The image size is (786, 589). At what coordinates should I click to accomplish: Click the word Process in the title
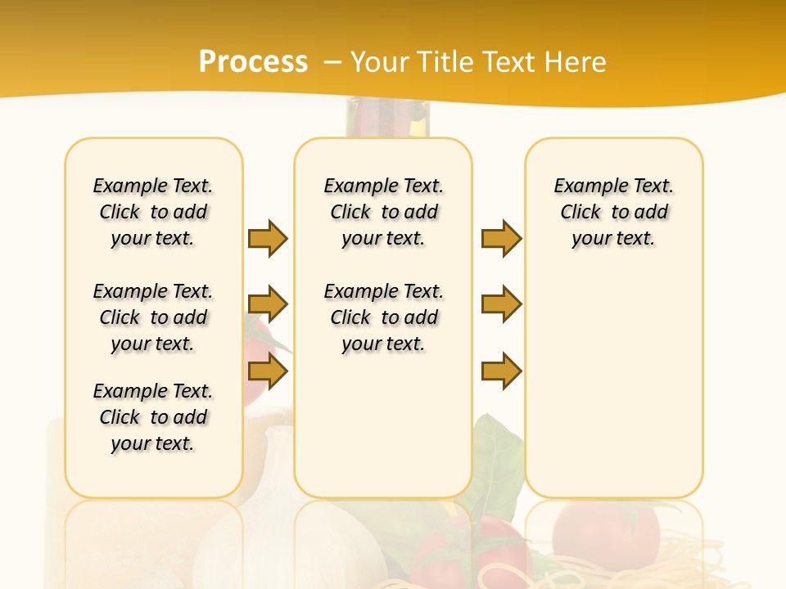click(253, 61)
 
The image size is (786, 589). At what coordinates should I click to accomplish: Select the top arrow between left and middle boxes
click(268, 238)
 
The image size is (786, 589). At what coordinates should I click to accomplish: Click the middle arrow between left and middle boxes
click(268, 304)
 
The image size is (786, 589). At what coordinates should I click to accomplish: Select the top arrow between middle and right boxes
click(501, 238)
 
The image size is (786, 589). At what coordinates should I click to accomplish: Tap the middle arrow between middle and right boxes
click(501, 304)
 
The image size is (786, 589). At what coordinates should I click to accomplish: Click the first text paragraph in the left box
click(153, 212)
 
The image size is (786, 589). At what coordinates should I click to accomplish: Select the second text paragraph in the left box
click(153, 317)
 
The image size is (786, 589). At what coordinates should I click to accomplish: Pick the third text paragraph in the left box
click(153, 417)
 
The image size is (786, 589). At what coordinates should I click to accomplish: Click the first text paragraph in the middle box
click(383, 212)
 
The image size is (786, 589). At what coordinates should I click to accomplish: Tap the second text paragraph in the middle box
click(383, 317)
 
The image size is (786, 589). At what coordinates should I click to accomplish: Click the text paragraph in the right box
click(613, 212)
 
